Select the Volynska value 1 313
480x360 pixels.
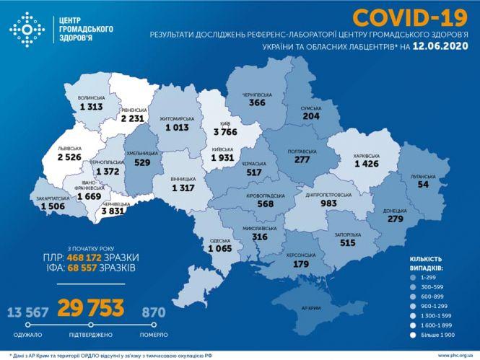click(92, 106)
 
